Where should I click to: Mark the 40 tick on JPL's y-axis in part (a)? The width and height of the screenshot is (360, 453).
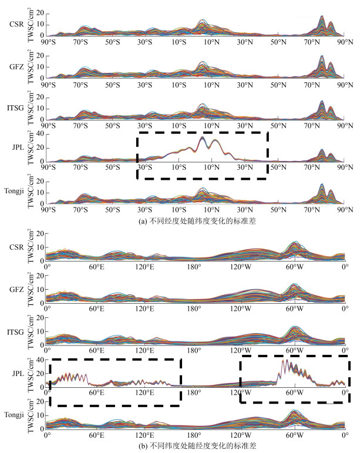41,134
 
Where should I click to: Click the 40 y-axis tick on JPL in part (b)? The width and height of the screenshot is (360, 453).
41,360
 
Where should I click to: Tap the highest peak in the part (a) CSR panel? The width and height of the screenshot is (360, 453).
322,17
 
